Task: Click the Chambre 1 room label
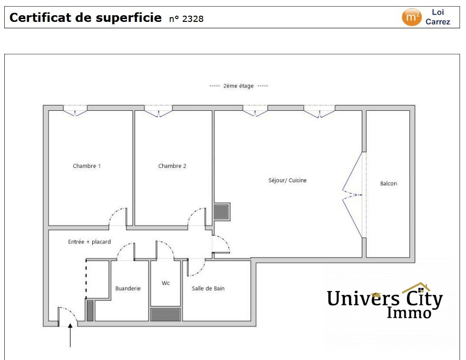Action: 87,166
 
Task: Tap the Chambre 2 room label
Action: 172,166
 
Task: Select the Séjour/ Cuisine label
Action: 288,180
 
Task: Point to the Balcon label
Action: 388,184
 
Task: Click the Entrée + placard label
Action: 89,242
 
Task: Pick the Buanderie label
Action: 128,288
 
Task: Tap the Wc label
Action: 165,283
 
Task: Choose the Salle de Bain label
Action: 208,288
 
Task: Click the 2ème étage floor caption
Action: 239,86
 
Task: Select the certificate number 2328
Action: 193,19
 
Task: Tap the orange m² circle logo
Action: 411,17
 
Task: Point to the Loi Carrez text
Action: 437,17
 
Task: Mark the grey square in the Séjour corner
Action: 222,211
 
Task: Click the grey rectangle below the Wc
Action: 165,314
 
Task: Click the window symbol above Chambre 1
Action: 75,112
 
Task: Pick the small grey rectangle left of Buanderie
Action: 90,310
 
